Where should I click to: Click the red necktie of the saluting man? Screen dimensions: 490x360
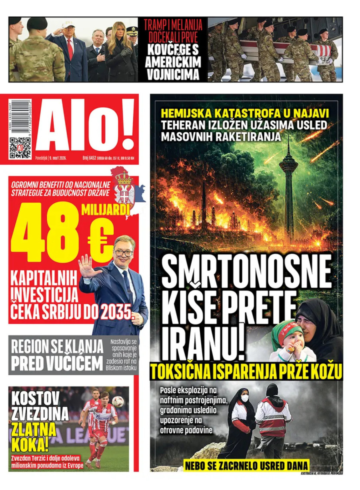coord(70,50)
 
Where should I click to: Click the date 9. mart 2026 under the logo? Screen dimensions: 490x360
coord(58,159)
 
